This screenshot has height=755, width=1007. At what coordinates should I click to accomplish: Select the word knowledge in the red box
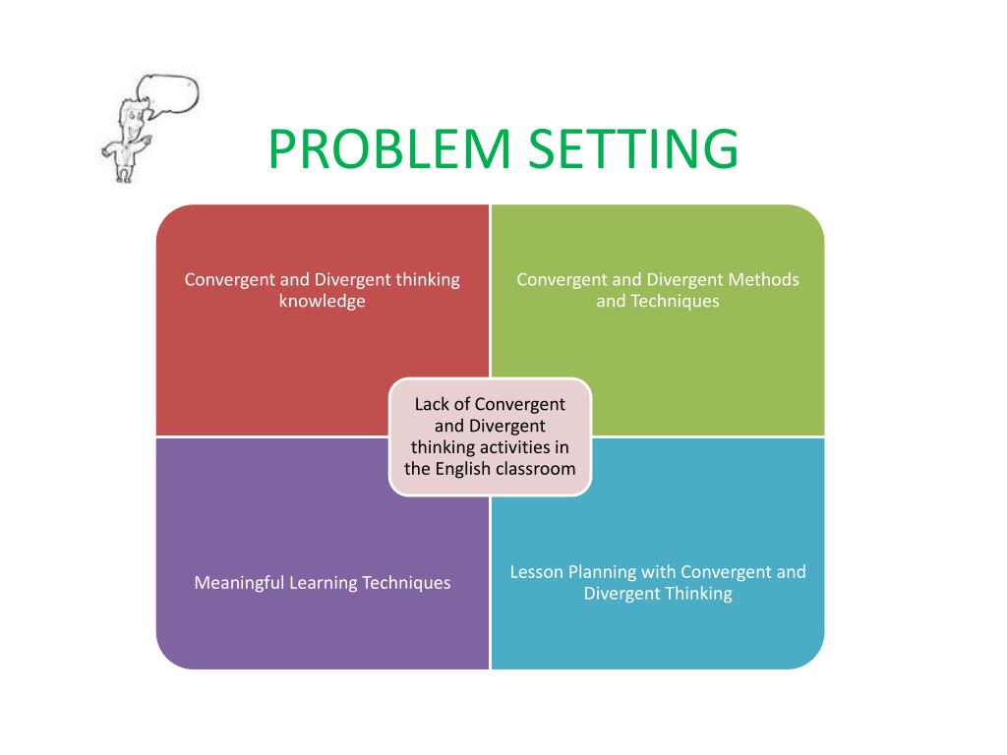point(322,301)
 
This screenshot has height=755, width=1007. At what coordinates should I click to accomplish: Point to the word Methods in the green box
point(763,279)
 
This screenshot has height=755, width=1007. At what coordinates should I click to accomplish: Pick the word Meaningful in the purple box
point(240,583)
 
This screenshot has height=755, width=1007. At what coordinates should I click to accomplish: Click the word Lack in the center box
point(431,404)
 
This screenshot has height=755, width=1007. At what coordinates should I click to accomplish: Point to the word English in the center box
point(464,469)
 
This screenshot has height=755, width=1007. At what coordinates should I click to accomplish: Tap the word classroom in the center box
point(536,469)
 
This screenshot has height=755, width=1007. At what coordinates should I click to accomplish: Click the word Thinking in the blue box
point(698,593)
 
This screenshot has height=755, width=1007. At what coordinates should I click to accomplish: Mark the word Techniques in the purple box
point(406,583)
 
